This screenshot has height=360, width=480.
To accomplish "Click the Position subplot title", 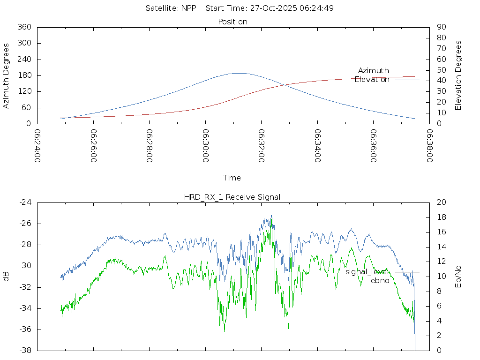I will (233, 22).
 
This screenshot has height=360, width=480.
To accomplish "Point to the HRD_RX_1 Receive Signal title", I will (232, 197).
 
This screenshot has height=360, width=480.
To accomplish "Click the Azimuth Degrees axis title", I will (7, 75).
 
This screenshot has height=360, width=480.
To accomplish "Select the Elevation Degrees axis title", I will (458, 75).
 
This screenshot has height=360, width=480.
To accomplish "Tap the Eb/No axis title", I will (458, 277).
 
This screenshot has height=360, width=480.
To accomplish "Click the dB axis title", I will (7, 277).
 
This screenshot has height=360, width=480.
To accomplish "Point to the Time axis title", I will (232, 178).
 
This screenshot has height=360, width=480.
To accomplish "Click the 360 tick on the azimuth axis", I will (24, 27).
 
